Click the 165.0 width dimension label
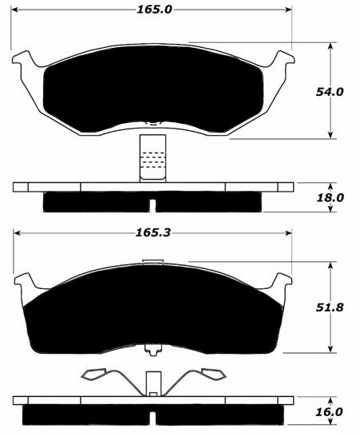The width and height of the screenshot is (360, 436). (x=155, y=10)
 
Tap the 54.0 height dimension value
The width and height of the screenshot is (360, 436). (x=330, y=92)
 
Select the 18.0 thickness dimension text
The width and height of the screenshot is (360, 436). (x=330, y=198)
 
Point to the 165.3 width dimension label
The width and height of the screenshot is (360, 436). (x=153, y=232)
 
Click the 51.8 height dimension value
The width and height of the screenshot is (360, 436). (x=330, y=307)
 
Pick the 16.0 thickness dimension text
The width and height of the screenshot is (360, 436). (x=329, y=412)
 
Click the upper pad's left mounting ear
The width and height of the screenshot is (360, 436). (x=25, y=59)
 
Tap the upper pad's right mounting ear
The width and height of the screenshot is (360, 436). (x=281, y=59)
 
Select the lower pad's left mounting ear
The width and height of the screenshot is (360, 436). (x=26, y=281)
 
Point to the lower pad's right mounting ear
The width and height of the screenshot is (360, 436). (x=280, y=281)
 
